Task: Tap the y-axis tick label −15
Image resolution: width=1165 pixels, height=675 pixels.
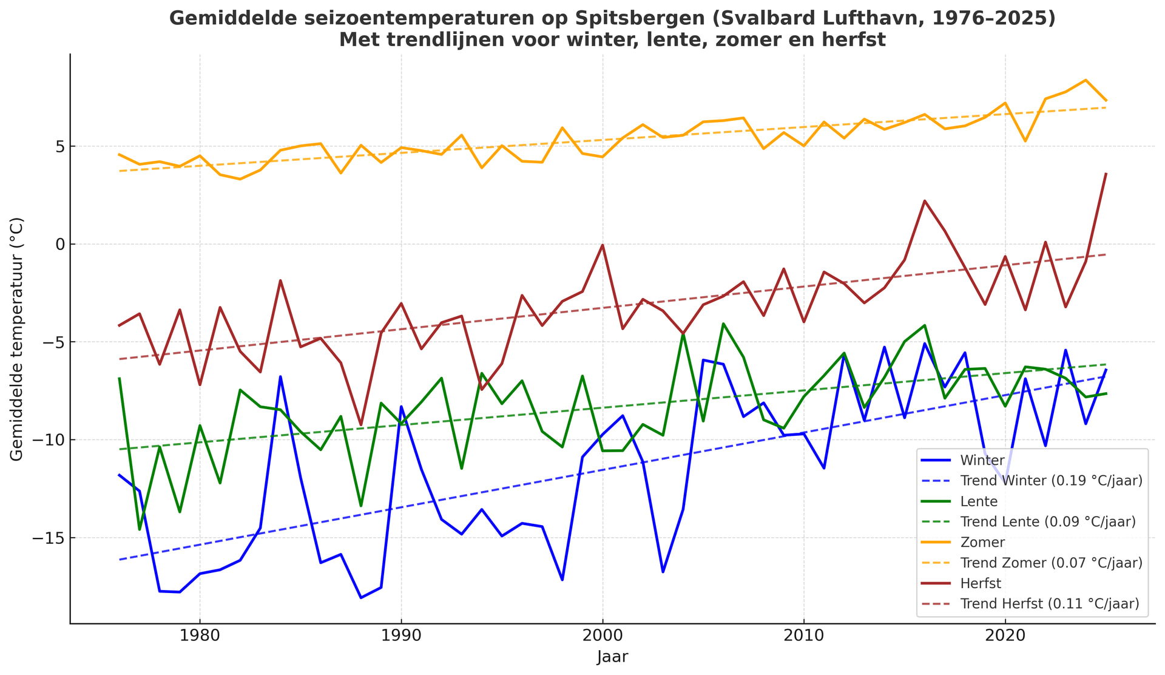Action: (x=46, y=538)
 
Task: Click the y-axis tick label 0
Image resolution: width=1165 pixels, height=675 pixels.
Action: (x=59, y=245)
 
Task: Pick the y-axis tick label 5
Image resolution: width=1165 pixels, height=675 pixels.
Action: (x=59, y=147)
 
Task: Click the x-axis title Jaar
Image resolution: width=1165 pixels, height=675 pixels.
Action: (x=612, y=657)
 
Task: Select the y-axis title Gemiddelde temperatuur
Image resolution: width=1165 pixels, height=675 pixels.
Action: (x=17, y=339)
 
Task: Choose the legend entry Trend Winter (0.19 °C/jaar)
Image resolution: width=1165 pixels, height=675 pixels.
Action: (x=1051, y=481)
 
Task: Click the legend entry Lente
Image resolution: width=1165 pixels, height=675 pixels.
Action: (x=979, y=501)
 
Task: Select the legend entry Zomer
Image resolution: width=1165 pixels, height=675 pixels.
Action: (x=982, y=542)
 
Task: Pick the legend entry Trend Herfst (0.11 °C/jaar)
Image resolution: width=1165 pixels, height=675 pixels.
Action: (x=1049, y=604)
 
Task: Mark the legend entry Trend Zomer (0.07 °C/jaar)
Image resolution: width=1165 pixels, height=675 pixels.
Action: (x=1051, y=563)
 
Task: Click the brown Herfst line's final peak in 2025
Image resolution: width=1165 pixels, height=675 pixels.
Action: (x=1106, y=174)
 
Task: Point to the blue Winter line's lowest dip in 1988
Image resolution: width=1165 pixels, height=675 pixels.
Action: (x=360, y=598)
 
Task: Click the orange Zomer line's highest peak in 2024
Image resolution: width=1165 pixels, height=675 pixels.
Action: (x=1086, y=80)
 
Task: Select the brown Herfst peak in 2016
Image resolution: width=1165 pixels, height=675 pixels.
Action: (x=924, y=201)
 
